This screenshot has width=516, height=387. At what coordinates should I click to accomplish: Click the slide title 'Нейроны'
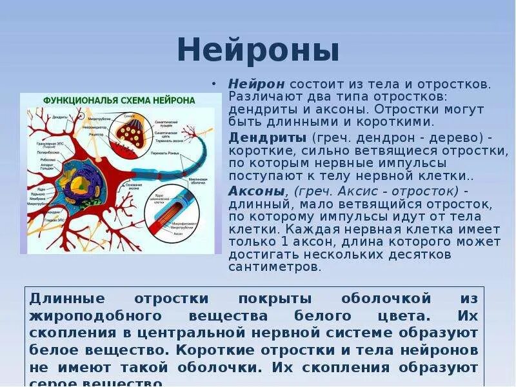coord(258,50)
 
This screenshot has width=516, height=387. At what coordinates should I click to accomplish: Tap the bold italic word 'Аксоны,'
coord(258,192)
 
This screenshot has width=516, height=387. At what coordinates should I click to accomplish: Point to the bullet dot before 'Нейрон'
coord(215,85)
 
